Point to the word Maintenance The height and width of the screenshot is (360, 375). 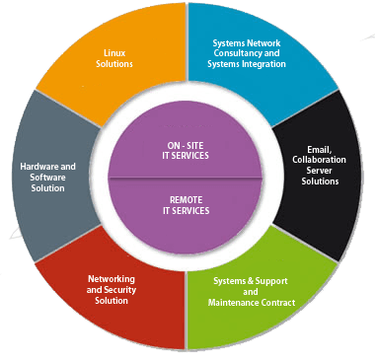[x=234, y=302]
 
